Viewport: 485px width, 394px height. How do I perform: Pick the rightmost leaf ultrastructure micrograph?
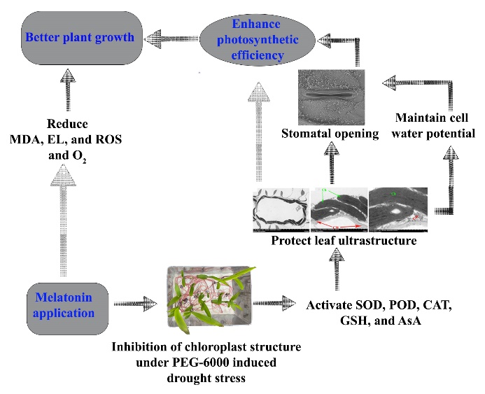(x=398, y=209)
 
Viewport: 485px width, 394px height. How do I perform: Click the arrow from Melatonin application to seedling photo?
(x=134, y=304)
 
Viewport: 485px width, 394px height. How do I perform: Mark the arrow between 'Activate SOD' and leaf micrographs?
(x=338, y=269)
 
